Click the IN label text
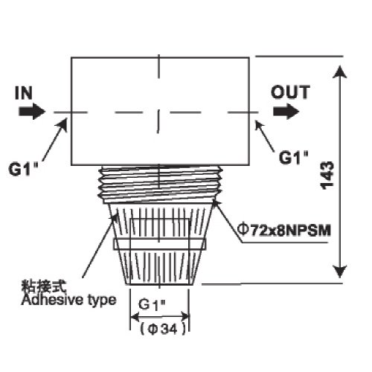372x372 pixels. pyautogui.click(x=24, y=93)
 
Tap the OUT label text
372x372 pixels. pyautogui.click(x=290, y=92)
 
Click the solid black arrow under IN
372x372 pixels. pyautogui.click(x=32, y=112)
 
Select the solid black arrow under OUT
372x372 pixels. pyautogui.click(x=286, y=112)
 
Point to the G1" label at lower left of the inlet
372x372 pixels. pyautogui.click(x=24, y=169)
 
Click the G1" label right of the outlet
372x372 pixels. pyautogui.click(x=294, y=157)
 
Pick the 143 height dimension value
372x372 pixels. pyautogui.click(x=327, y=176)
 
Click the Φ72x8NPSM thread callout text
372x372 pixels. pyautogui.click(x=284, y=230)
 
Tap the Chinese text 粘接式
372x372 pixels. pyautogui.click(x=44, y=286)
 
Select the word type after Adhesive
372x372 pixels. pyautogui.click(x=102, y=301)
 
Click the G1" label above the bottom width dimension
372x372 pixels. pyautogui.click(x=152, y=304)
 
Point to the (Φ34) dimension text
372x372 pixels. pyautogui.click(x=163, y=330)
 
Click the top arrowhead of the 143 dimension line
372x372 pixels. pyautogui.click(x=339, y=72)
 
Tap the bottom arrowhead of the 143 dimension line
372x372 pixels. pyautogui.click(x=339, y=272)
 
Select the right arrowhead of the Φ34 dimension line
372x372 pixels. pyautogui.click(x=185, y=316)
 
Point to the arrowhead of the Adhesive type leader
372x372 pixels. pyautogui.click(x=115, y=218)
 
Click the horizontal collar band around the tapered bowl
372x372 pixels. pyautogui.click(x=160, y=244)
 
